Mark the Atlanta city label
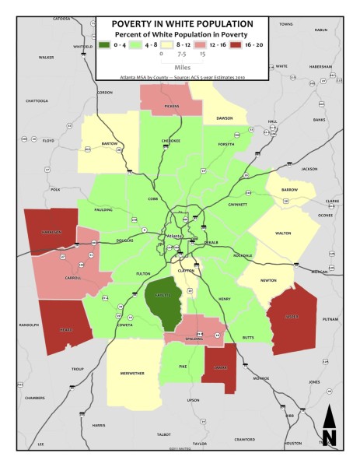pos(174,236)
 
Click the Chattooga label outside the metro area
pos(37,100)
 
